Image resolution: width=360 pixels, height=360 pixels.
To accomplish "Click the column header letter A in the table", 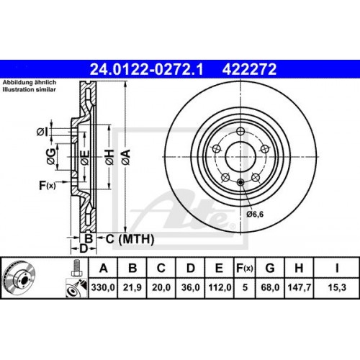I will [106, 269].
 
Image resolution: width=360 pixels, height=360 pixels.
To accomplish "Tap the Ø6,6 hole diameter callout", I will [256, 213].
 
